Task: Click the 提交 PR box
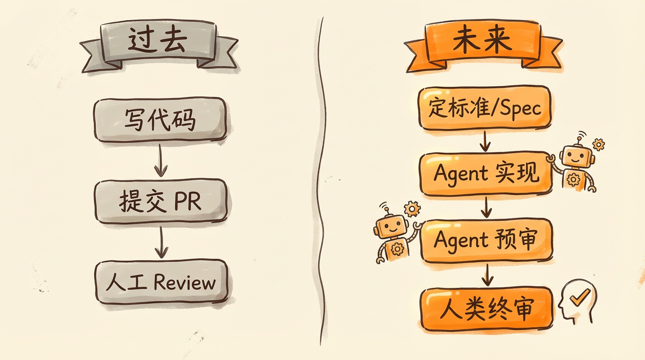coord(161,201)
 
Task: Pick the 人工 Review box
coord(161,282)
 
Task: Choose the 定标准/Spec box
coord(485,108)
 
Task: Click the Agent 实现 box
coord(486,174)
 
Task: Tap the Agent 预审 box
coord(486,240)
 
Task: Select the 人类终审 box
coord(486,308)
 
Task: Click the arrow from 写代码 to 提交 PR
coord(161,160)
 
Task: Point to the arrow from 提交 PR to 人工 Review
coord(161,242)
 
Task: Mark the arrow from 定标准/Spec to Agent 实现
coord(486,140)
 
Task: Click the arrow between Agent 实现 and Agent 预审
coord(487,207)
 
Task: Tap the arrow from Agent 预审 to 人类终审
coord(487,275)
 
